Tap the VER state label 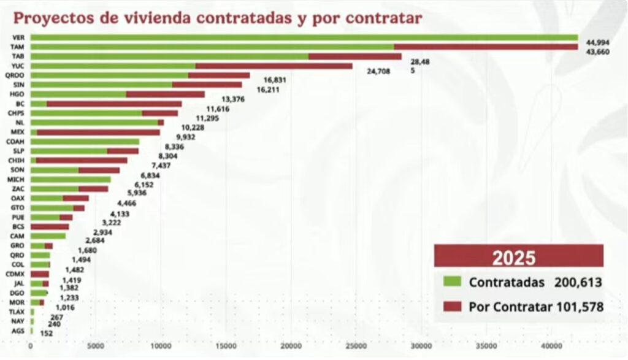(18, 37)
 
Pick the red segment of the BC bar (114, 104)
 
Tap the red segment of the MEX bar (98, 132)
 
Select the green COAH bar (85, 141)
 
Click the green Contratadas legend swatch (452, 281)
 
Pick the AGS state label (18, 331)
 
